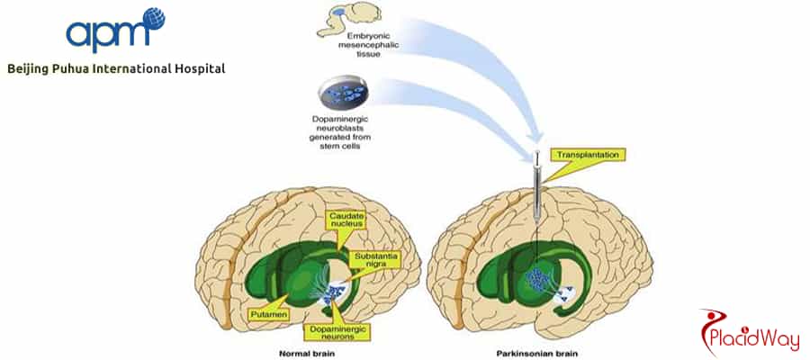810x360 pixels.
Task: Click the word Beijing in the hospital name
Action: tap(31, 68)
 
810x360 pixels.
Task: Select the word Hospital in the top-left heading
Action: tap(197, 68)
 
